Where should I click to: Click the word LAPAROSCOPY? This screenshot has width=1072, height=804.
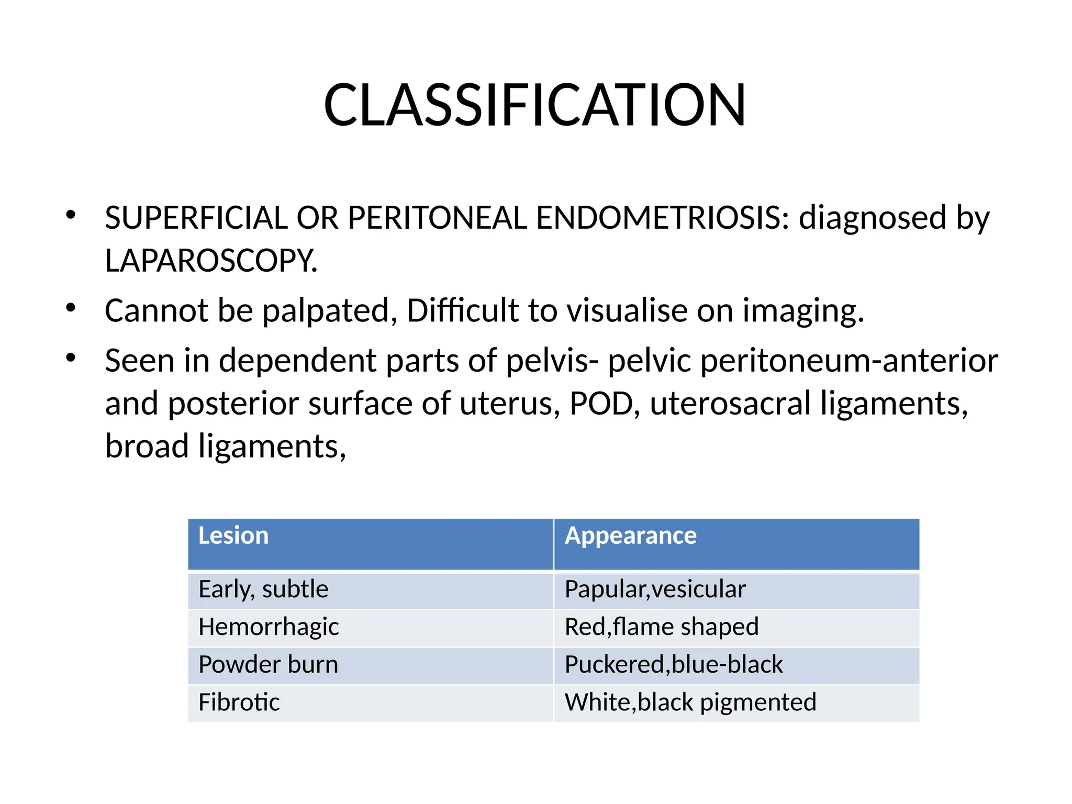(210, 261)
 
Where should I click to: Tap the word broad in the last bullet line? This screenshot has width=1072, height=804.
(147, 446)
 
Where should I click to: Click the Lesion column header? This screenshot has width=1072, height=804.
(233, 536)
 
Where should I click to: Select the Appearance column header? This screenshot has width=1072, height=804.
(630, 536)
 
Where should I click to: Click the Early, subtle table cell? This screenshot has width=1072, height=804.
(263, 590)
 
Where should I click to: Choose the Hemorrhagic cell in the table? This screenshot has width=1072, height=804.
(269, 627)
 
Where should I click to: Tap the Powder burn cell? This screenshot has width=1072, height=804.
(268, 665)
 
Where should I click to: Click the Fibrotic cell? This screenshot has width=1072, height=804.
(239, 702)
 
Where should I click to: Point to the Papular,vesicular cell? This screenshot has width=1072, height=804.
(655, 590)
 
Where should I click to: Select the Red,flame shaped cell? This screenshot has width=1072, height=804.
(662, 627)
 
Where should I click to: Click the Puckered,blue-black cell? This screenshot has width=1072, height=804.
(674, 665)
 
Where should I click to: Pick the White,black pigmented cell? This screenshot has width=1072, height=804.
(690, 702)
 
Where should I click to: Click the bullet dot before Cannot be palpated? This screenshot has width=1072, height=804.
(71, 308)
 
